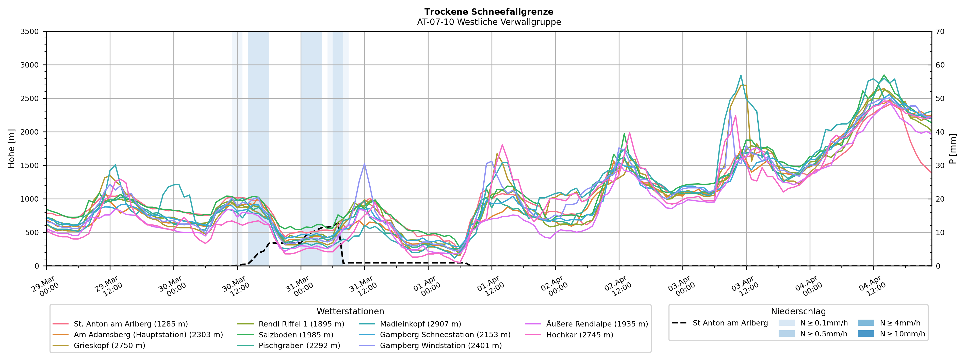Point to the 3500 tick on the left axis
click(x=30, y=31)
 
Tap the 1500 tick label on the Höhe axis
click(x=30, y=166)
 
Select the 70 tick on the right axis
click(x=940, y=31)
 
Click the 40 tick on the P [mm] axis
click(x=940, y=132)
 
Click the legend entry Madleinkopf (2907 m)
click(x=420, y=324)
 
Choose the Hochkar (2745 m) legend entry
click(x=580, y=335)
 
